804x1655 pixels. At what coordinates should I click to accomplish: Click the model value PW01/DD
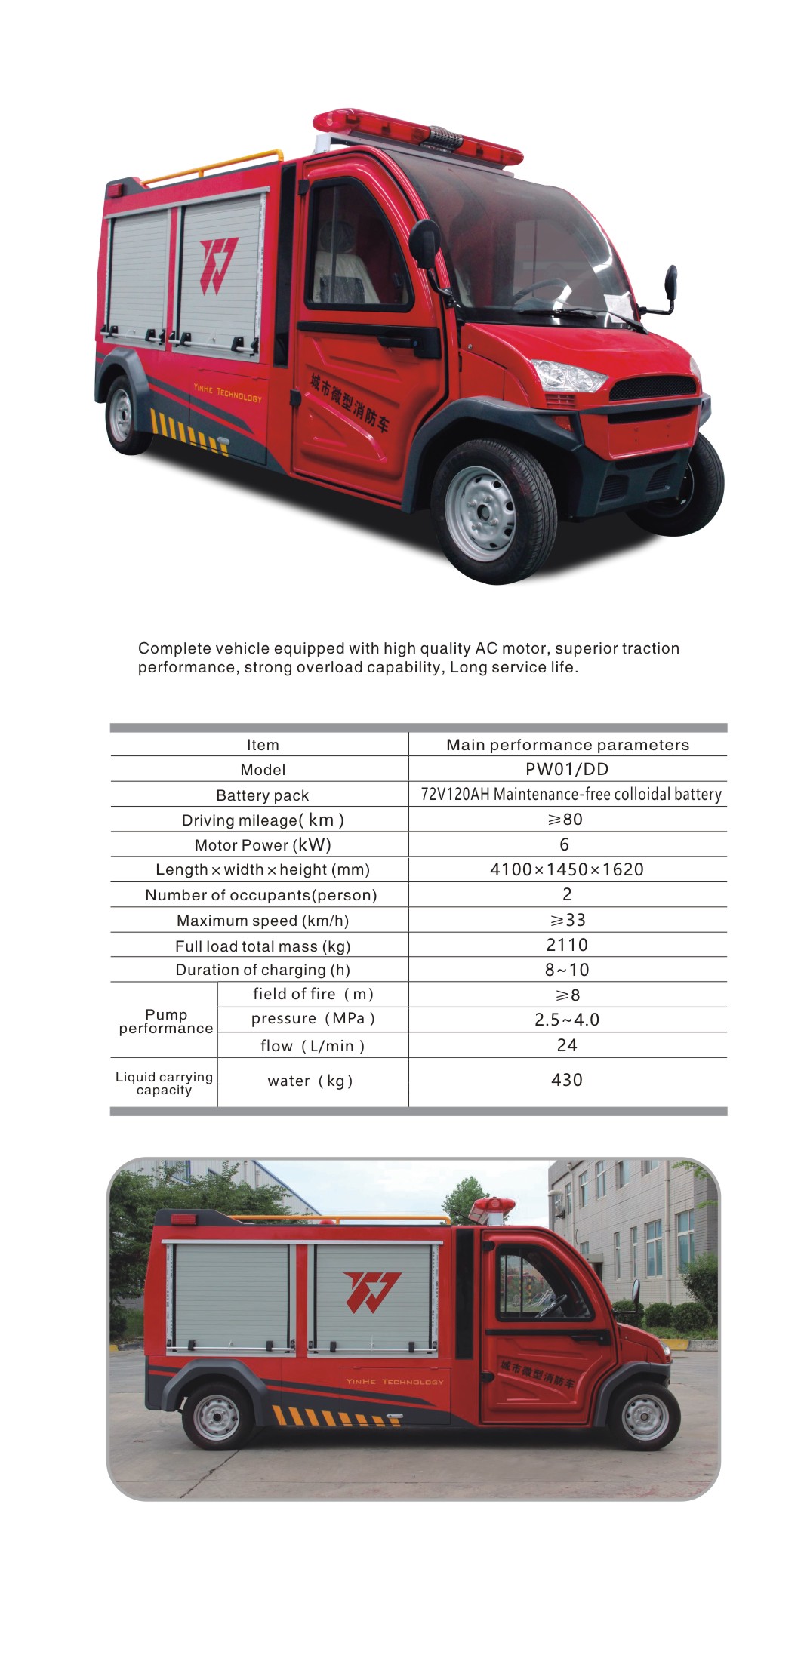(567, 769)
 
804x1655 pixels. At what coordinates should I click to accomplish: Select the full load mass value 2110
(567, 945)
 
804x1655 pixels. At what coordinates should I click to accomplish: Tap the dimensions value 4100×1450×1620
(567, 869)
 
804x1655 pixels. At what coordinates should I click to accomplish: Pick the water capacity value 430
(567, 1080)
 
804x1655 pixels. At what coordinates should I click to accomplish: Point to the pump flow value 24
(567, 1045)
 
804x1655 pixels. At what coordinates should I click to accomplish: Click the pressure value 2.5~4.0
(567, 1020)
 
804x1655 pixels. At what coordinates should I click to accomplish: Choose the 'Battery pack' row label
(262, 795)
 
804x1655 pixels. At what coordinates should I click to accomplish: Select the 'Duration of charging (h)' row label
(262, 970)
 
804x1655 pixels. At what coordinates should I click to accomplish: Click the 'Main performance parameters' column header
(568, 745)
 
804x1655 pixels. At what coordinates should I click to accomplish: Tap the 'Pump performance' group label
(166, 1021)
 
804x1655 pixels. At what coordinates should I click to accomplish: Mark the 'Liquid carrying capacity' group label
(164, 1083)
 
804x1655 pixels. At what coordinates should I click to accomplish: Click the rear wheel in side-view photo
(217, 1417)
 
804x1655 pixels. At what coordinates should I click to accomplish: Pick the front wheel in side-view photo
(643, 1417)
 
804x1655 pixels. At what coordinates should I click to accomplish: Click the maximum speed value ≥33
(567, 920)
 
